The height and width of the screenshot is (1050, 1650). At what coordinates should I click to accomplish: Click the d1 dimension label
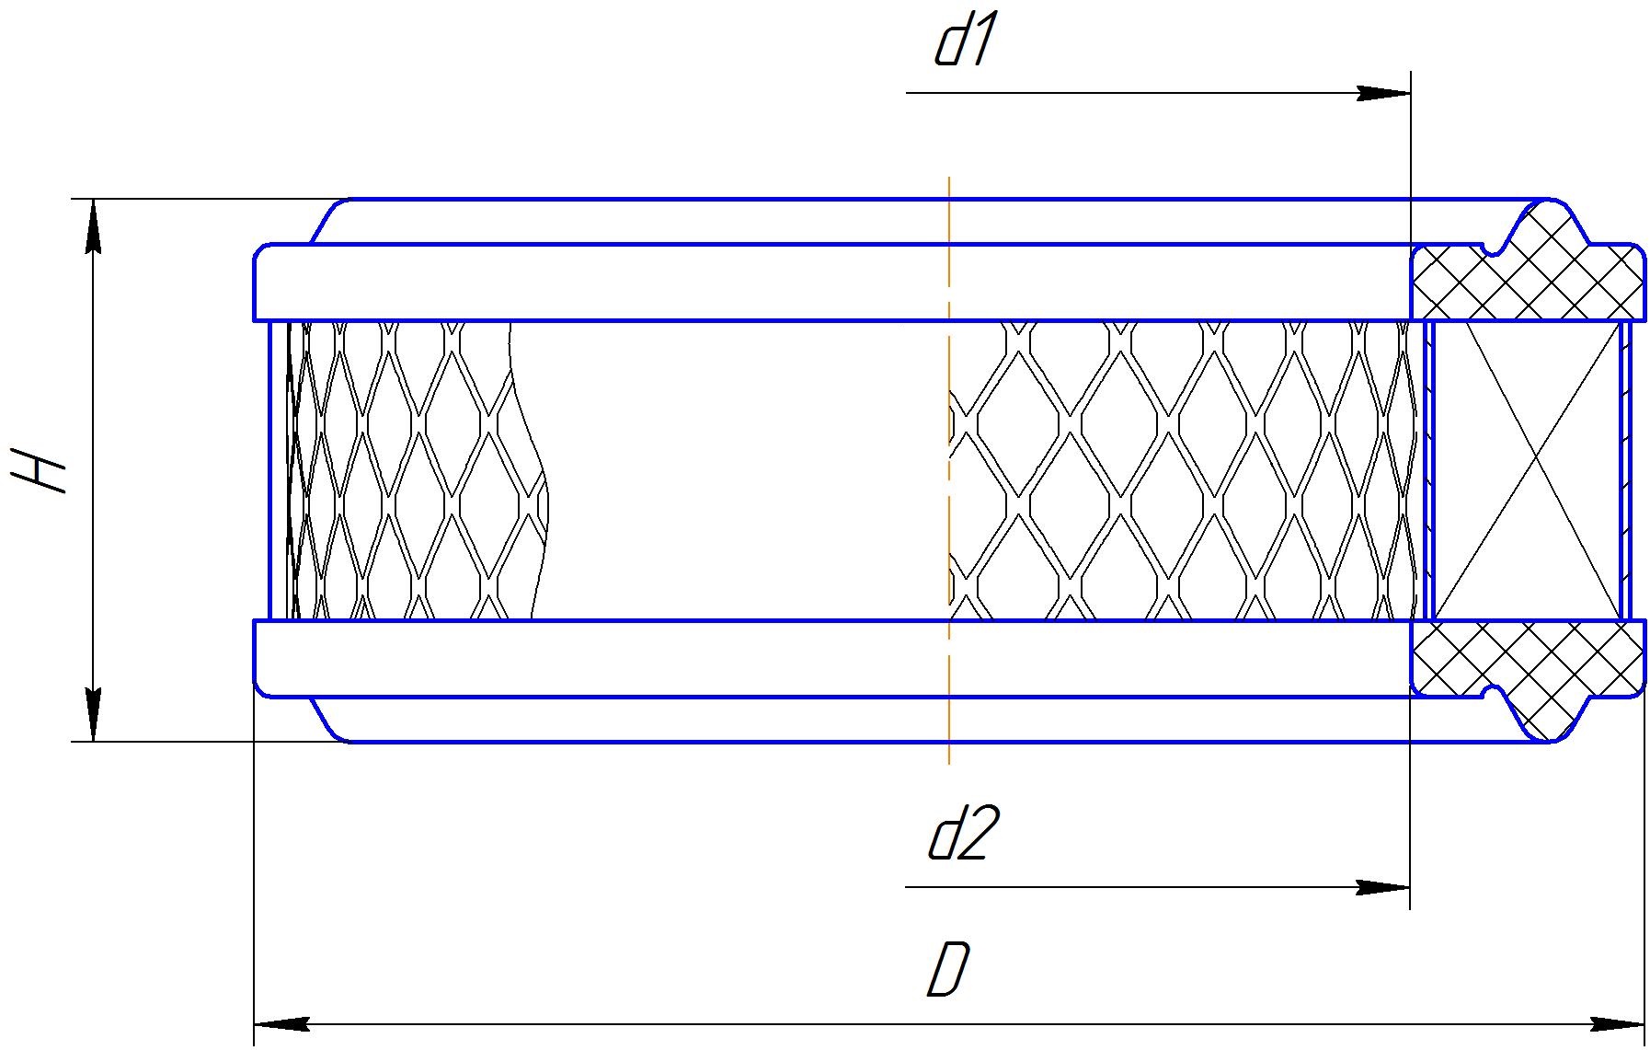pos(964,44)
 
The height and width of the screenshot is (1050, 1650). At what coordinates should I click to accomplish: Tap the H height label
pos(41,470)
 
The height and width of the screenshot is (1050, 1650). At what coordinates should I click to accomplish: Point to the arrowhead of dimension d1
pos(1384,93)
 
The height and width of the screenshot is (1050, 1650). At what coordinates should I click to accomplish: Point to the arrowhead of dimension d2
pos(1384,888)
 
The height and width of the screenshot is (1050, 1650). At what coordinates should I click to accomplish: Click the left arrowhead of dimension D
pos(279,1024)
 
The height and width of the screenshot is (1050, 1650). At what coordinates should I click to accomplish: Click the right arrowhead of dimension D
pos(1619,1024)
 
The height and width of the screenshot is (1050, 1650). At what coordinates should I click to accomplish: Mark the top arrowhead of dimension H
pos(93,226)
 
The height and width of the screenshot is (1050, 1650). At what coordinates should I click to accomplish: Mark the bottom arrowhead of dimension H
pos(93,714)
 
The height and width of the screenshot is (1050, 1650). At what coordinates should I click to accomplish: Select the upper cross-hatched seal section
pos(1527,276)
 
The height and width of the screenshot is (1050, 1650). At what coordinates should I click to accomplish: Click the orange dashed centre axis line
pos(949,230)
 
